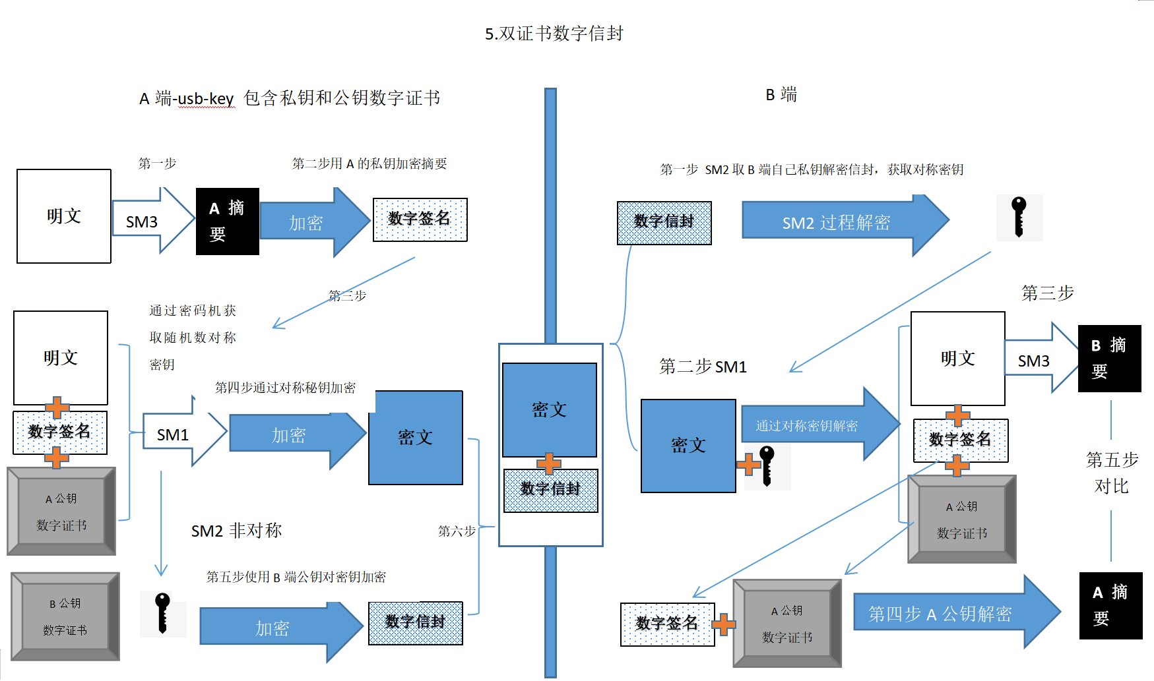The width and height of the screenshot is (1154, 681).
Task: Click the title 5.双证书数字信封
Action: coord(554,34)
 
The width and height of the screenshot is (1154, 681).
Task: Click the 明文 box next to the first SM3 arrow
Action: coord(64,216)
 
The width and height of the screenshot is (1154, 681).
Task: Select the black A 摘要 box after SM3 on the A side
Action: coord(227,222)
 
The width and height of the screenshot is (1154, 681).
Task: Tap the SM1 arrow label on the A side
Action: coord(174,434)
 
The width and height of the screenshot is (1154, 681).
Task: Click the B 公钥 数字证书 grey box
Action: coord(65,616)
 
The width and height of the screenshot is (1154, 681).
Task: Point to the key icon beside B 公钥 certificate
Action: coord(162,613)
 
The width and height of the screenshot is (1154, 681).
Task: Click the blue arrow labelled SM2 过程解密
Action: coord(836,223)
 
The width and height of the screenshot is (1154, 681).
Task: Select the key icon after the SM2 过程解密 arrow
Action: coord(1019,217)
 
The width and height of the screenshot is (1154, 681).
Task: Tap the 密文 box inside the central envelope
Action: coord(549,409)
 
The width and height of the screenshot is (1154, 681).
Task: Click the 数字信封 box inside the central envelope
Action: coord(550,490)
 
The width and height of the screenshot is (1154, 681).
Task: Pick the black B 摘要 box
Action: coord(1109,359)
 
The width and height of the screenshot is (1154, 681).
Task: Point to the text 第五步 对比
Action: coord(1112,473)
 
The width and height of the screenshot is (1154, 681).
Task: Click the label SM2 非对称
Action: coord(236,531)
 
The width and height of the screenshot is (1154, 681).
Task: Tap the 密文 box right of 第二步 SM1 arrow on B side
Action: coord(688,446)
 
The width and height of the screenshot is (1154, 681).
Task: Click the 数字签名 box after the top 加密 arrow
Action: coord(420,220)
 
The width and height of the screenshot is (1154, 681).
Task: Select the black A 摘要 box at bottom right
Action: coord(1110,605)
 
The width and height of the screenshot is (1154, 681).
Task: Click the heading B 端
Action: coord(781,95)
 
